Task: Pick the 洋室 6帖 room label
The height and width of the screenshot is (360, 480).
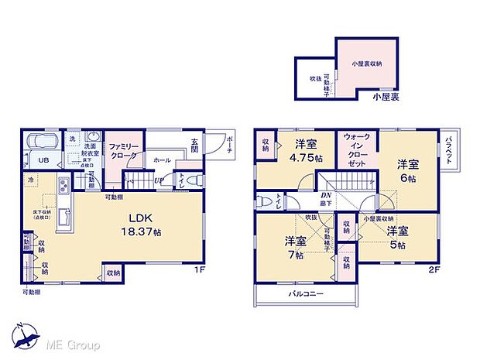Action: (x=408, y=170)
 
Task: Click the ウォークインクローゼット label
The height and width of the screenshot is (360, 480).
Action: (x=355, y=149)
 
